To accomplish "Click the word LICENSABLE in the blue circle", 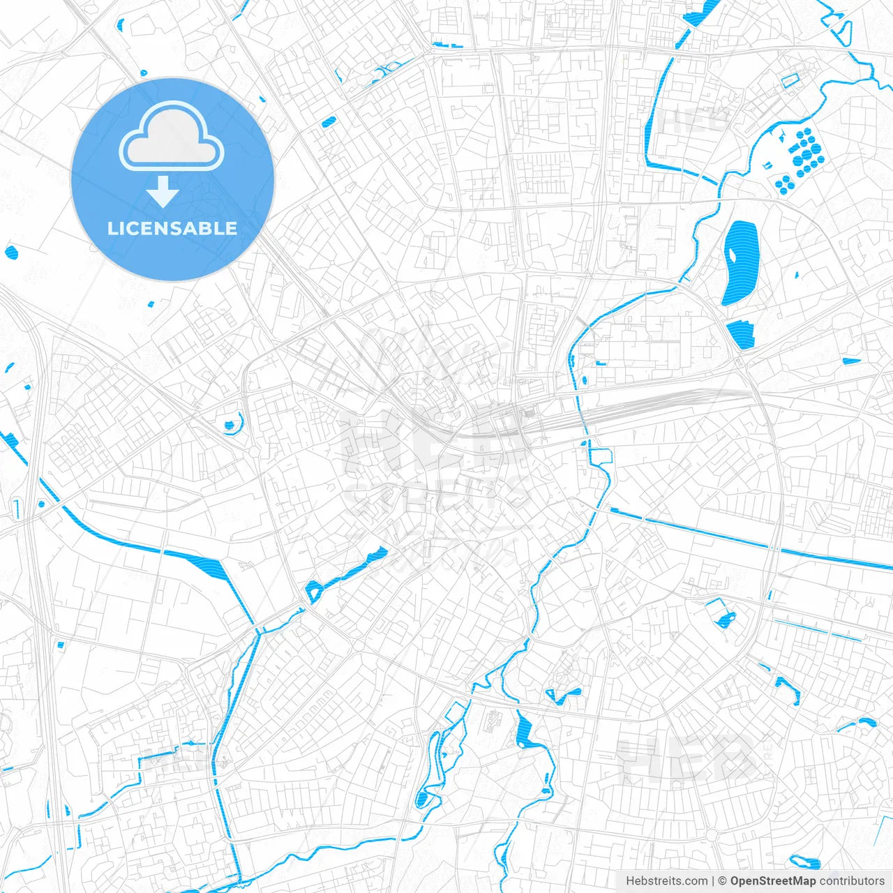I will (x=172, y=228).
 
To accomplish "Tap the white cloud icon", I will (x=171, y=136).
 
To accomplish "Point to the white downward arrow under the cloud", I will (x=163, y=192).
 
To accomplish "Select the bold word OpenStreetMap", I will (x=772, y=881).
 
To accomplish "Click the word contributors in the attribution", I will (x=852, y=881).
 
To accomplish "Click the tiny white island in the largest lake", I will (x=733, y=253).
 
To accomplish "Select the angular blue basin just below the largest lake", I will (x=741, y=334).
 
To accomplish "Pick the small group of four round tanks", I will (x=784, y=183).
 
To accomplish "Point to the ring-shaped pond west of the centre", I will (x=230, y=423).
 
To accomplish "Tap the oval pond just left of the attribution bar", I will (x=806, y=862).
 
